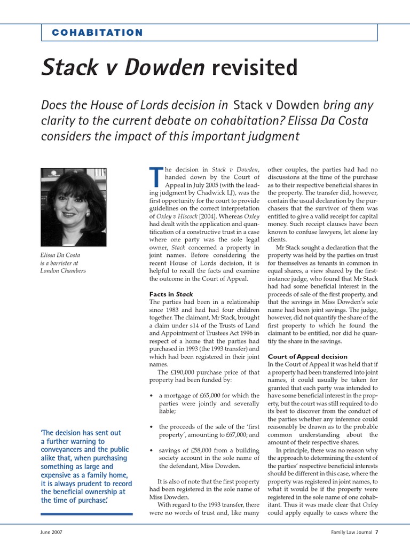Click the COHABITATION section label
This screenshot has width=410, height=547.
point(97,33)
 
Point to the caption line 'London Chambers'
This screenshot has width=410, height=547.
point(63,270)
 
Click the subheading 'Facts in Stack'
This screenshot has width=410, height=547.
point(171,294)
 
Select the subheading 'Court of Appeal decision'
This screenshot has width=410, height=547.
point(307,356)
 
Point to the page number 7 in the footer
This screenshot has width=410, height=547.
point(376,532)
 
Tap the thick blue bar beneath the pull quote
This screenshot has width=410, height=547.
point(86,513)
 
